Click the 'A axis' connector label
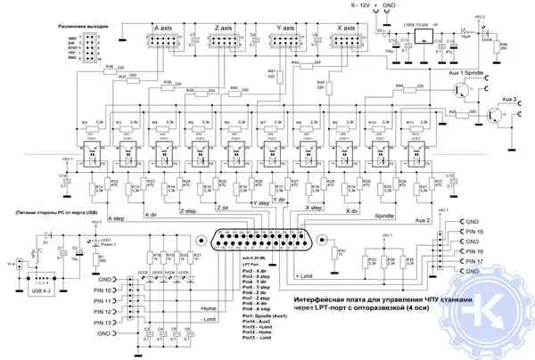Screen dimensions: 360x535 point(163,29)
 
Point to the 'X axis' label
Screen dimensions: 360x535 point(347,29)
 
